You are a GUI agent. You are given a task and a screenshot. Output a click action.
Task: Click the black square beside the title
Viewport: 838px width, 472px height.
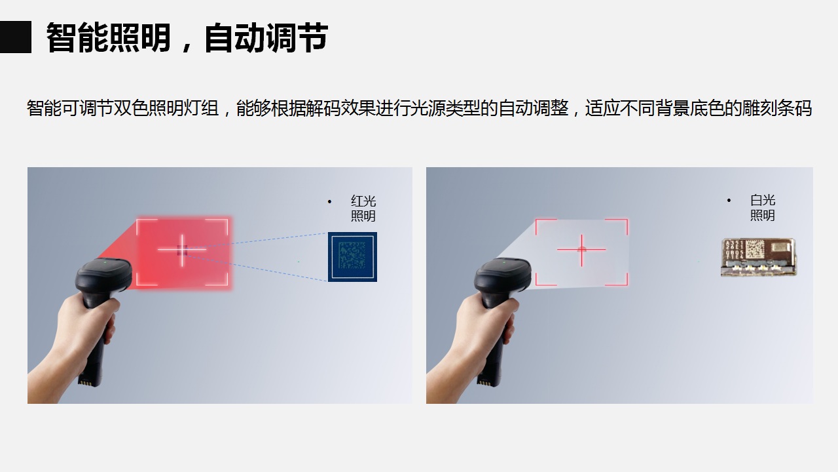[15, 37]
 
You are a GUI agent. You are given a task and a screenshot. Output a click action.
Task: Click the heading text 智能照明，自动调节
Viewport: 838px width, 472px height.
[187, 37]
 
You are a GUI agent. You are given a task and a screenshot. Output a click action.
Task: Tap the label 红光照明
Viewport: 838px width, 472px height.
[363, 208]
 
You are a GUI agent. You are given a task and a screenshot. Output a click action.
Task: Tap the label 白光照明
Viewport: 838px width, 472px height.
[763, 208]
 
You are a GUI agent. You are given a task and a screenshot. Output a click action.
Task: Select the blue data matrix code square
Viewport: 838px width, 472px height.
[352, 257]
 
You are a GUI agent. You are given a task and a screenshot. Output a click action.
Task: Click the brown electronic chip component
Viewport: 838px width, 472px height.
[758, 258]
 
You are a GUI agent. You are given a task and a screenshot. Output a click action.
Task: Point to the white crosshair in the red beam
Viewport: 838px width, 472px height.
[182, 250]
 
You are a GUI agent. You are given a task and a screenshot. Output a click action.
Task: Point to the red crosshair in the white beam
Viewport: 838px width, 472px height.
[581, 250]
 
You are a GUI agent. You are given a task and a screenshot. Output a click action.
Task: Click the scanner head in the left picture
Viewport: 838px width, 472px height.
[103, 275]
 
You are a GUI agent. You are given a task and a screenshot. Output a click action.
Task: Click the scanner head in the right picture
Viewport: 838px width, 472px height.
[503, 275]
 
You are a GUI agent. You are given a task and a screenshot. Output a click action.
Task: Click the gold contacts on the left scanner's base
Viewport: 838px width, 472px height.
[84, 382]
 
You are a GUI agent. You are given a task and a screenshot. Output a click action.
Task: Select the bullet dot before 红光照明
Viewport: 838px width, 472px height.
[329, 201]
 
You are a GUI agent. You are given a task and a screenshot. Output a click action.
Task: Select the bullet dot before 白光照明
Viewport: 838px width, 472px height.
[729, 201]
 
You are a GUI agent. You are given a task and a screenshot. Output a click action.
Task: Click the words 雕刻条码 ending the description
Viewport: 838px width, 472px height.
[777, 108]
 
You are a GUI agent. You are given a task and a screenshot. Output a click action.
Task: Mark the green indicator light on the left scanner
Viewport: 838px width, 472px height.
[105, 262]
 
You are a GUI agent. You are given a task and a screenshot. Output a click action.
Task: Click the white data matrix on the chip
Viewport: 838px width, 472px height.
[756, 249]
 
